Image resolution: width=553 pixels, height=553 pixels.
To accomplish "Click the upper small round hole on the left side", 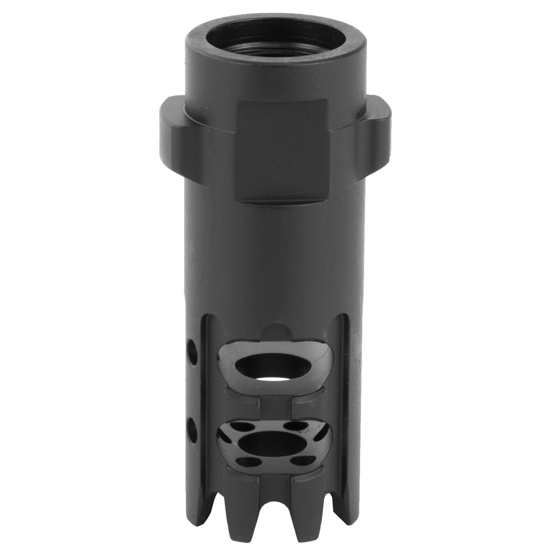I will (x=192, y=351).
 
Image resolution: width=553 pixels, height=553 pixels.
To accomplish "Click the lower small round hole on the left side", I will (x=192, y=427).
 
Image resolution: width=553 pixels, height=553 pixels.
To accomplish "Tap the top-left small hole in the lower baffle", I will (x=241, y=427).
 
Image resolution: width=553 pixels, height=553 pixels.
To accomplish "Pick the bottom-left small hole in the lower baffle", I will (x=250, y=461).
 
